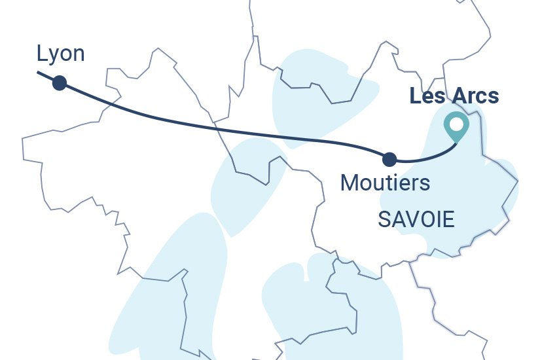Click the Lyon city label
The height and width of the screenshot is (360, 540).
[x=61, y=54]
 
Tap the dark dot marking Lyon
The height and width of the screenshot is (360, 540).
[x=60, y=82]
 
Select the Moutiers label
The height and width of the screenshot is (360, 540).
[x=386, y=182]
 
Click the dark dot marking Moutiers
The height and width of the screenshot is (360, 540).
[x=389, y=158]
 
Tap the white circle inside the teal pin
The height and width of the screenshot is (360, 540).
[x=456, y=123]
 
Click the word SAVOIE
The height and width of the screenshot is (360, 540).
[x=416, y=220]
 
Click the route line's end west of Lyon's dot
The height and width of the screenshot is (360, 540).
[x=39, y=73]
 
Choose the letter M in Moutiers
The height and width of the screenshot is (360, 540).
[x=350, y=182]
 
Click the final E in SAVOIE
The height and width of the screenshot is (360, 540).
[x=448, y=220]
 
